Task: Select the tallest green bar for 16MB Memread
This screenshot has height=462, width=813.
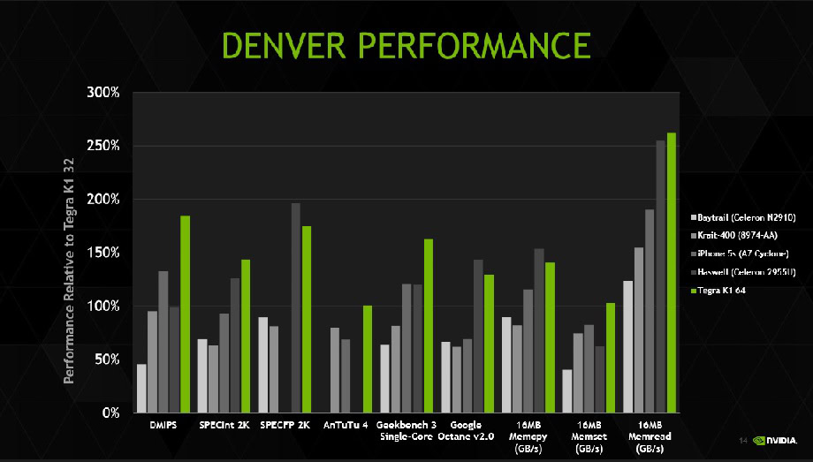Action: [672, 273]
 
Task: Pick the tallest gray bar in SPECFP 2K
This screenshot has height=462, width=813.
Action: [296, 308]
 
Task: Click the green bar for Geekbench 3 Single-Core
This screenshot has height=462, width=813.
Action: [429, 326]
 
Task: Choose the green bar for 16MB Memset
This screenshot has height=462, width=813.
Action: [610, 358]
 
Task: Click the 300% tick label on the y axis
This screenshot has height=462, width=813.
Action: [103, 93]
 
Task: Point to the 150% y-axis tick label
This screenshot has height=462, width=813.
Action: [103, 254]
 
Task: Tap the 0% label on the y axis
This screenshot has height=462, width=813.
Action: [110, 413]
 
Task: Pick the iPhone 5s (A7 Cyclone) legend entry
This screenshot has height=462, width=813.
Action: [744, 254]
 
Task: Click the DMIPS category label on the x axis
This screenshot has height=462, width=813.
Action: [163, 425]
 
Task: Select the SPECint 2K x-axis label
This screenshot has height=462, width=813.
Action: [224, 425]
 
